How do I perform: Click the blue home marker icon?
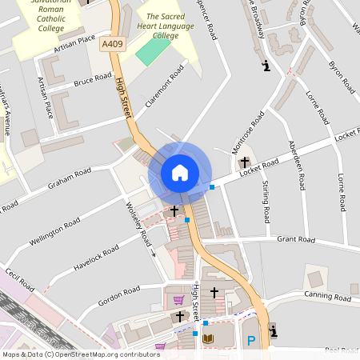click(x=180, y=173)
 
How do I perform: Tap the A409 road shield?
click(x=113, y=46)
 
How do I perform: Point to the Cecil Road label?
click(x=20, y=286)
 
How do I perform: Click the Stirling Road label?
click(x=266, y=202)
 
